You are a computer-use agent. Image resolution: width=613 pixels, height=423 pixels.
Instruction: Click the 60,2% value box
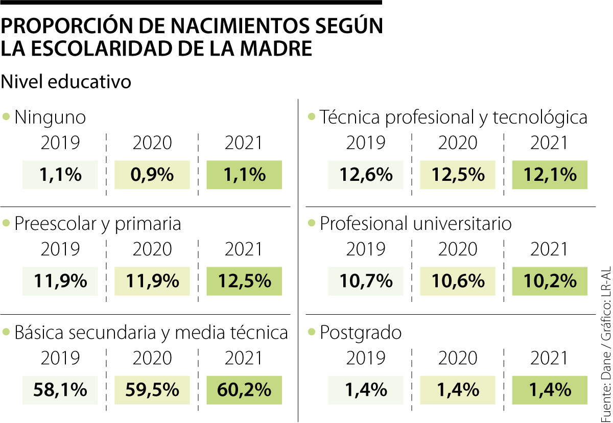point(244,390)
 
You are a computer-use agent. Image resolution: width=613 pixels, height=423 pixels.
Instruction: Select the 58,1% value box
point(60,390)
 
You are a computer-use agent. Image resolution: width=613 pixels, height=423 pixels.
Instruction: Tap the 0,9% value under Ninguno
point(152,175)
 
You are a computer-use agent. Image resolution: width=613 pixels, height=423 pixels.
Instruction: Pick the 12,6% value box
point(366,175)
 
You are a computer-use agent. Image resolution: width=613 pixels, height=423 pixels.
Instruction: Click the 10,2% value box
point(550,281)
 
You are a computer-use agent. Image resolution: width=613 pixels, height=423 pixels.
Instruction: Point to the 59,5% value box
point(152,390)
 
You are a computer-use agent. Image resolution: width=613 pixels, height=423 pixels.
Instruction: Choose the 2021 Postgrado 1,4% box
point(550,390)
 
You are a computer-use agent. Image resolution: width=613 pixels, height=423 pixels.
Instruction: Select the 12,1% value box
point(550,175)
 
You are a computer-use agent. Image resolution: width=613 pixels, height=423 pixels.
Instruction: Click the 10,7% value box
point(366,281)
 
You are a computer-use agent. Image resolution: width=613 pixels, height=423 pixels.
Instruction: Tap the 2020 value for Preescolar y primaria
point(152,281)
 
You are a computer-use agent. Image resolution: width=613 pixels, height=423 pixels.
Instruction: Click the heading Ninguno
point(50,118)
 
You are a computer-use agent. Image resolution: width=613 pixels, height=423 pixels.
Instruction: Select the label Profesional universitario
point(416,224)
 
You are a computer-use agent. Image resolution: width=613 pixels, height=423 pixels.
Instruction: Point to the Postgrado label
point(361,333)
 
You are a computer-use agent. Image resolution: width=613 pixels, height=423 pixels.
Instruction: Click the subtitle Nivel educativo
point(66,82)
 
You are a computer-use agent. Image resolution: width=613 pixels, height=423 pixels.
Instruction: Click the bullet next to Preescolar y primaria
point(6,223)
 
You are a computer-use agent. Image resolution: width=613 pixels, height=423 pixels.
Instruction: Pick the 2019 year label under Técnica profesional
point(366,143)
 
